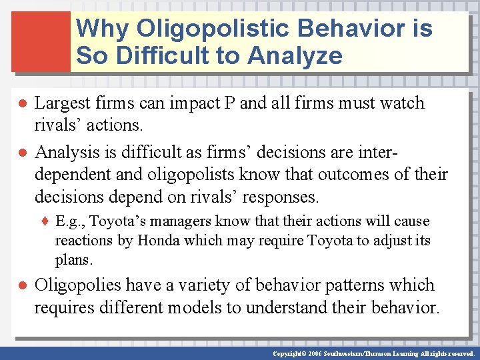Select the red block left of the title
point(41,41)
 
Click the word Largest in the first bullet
point(60,103)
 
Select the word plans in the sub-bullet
point(73,259)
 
